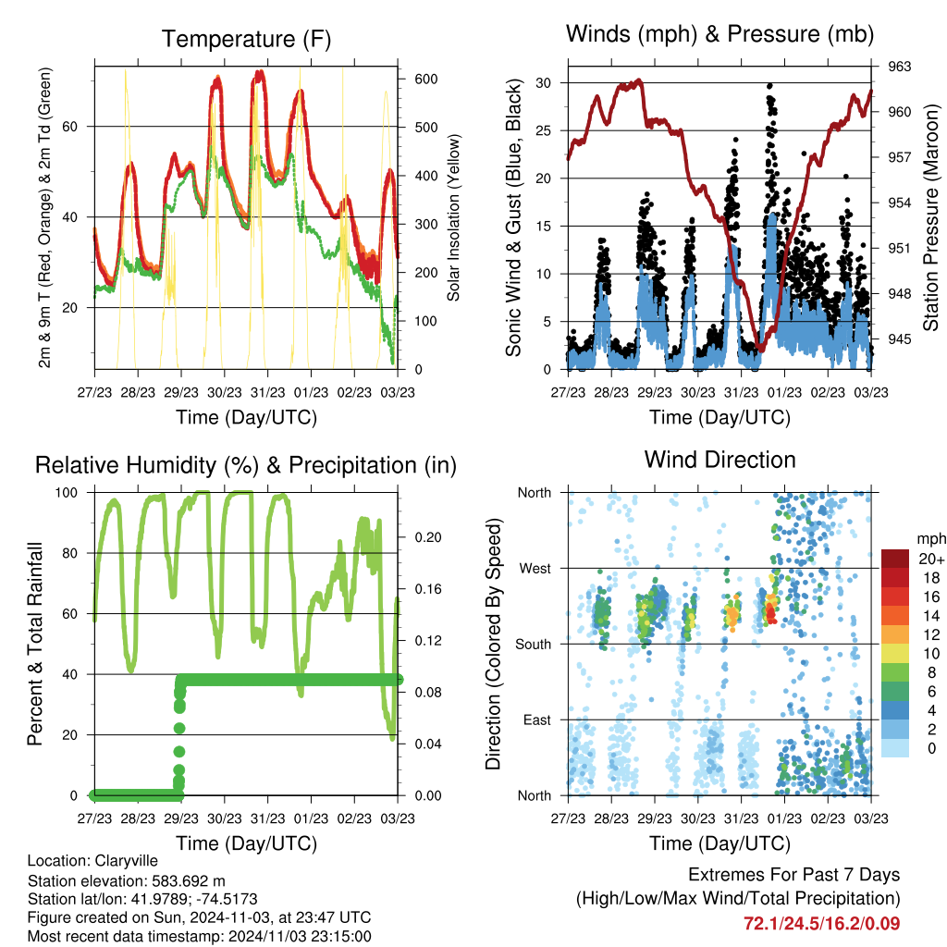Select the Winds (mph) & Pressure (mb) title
pyautogui.click(x=719, y=35)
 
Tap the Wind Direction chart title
pyautogui.click(x=719, y=460)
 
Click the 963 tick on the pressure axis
pyautogui.click(x=900, y=67)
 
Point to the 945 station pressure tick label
pyautogui.click(x=900, y=338)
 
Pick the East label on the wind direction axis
pyautogui.click(x=536, y=719)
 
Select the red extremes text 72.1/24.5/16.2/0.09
pyautogui.click(x=821, y=923)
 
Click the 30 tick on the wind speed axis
pyautogui.click(x=545, y=83)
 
